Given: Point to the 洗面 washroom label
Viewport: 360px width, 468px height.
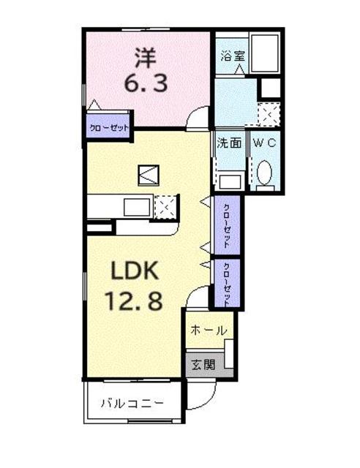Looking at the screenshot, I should [x=229, y=143].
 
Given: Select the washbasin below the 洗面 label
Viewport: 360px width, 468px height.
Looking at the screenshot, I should [x=231, y=180].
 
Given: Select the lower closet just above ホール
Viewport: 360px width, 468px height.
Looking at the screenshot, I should [x=227, y=282].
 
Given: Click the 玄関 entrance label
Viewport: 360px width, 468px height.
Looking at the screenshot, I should [x=204, y=363].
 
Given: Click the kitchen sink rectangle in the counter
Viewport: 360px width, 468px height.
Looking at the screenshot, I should [x=136, y=207].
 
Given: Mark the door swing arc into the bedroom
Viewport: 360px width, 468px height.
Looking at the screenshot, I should [x=196, y=118].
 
